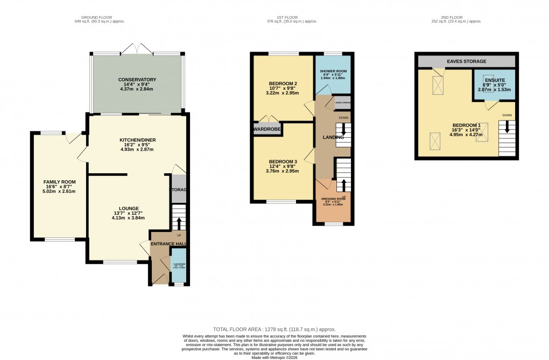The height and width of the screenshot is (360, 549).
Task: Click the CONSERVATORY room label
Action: (137, 80)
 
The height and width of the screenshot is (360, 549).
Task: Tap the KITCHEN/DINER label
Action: (137, 140)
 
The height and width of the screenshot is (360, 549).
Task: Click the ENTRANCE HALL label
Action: (169, 244)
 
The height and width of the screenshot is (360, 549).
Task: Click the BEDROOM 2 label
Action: (283, 83)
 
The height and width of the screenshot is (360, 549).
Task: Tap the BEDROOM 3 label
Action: (283, 162)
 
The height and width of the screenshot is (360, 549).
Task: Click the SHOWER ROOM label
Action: (333, 71)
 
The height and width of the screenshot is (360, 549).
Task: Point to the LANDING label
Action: (333, 138)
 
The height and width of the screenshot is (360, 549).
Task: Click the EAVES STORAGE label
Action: (466, 61)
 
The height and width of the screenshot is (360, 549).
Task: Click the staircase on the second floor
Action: (507, 136)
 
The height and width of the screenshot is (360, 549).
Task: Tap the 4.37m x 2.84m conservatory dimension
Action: (137, 89)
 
